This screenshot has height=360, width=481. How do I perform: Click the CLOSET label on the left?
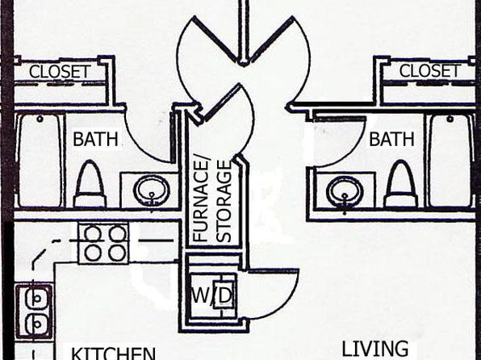[x=60, y=72]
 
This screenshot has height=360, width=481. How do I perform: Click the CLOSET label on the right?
[x=430, y=71]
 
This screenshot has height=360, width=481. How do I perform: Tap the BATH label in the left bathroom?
[x=95, y=139]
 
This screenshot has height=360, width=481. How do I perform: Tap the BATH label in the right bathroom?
[x=391, y=139]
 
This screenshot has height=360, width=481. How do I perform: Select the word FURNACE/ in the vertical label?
[x=201, y=200]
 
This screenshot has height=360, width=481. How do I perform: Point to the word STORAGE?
[x=224, y=201]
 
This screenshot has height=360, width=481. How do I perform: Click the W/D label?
[x=211, y=295]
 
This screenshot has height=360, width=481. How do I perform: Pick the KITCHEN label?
[x=114, y=354]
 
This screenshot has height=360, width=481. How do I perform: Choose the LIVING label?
[x=374, y=349]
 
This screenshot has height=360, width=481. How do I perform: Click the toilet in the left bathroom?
[x=90, y=184]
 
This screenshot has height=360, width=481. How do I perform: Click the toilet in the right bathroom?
[x=402, y=184]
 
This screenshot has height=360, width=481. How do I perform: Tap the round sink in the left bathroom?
[x=152, y=190]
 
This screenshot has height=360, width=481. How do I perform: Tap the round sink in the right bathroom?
[x=345, y=191]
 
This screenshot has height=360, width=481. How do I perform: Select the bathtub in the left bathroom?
[x=39, y=160]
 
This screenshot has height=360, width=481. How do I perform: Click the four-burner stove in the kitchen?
[x=103, y=244]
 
